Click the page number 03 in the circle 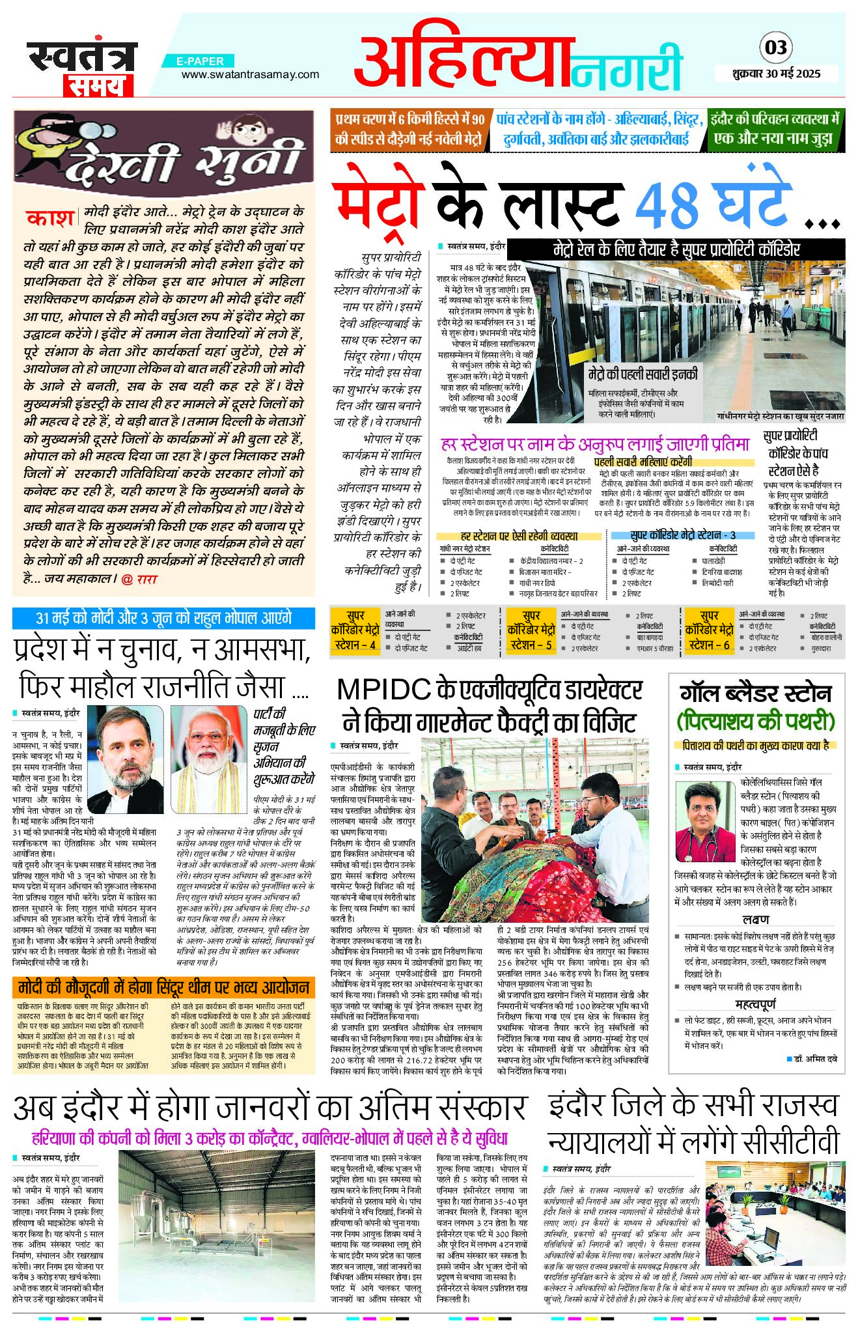pos(776,48)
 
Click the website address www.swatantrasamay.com pos(250,74)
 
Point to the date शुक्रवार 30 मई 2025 pos(776,74)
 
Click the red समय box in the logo pos(98,85)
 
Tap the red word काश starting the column pos(49,217)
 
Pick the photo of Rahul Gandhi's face pos(126,758)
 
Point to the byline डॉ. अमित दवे pos(815,1059)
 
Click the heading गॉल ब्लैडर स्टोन pos(756,693)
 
